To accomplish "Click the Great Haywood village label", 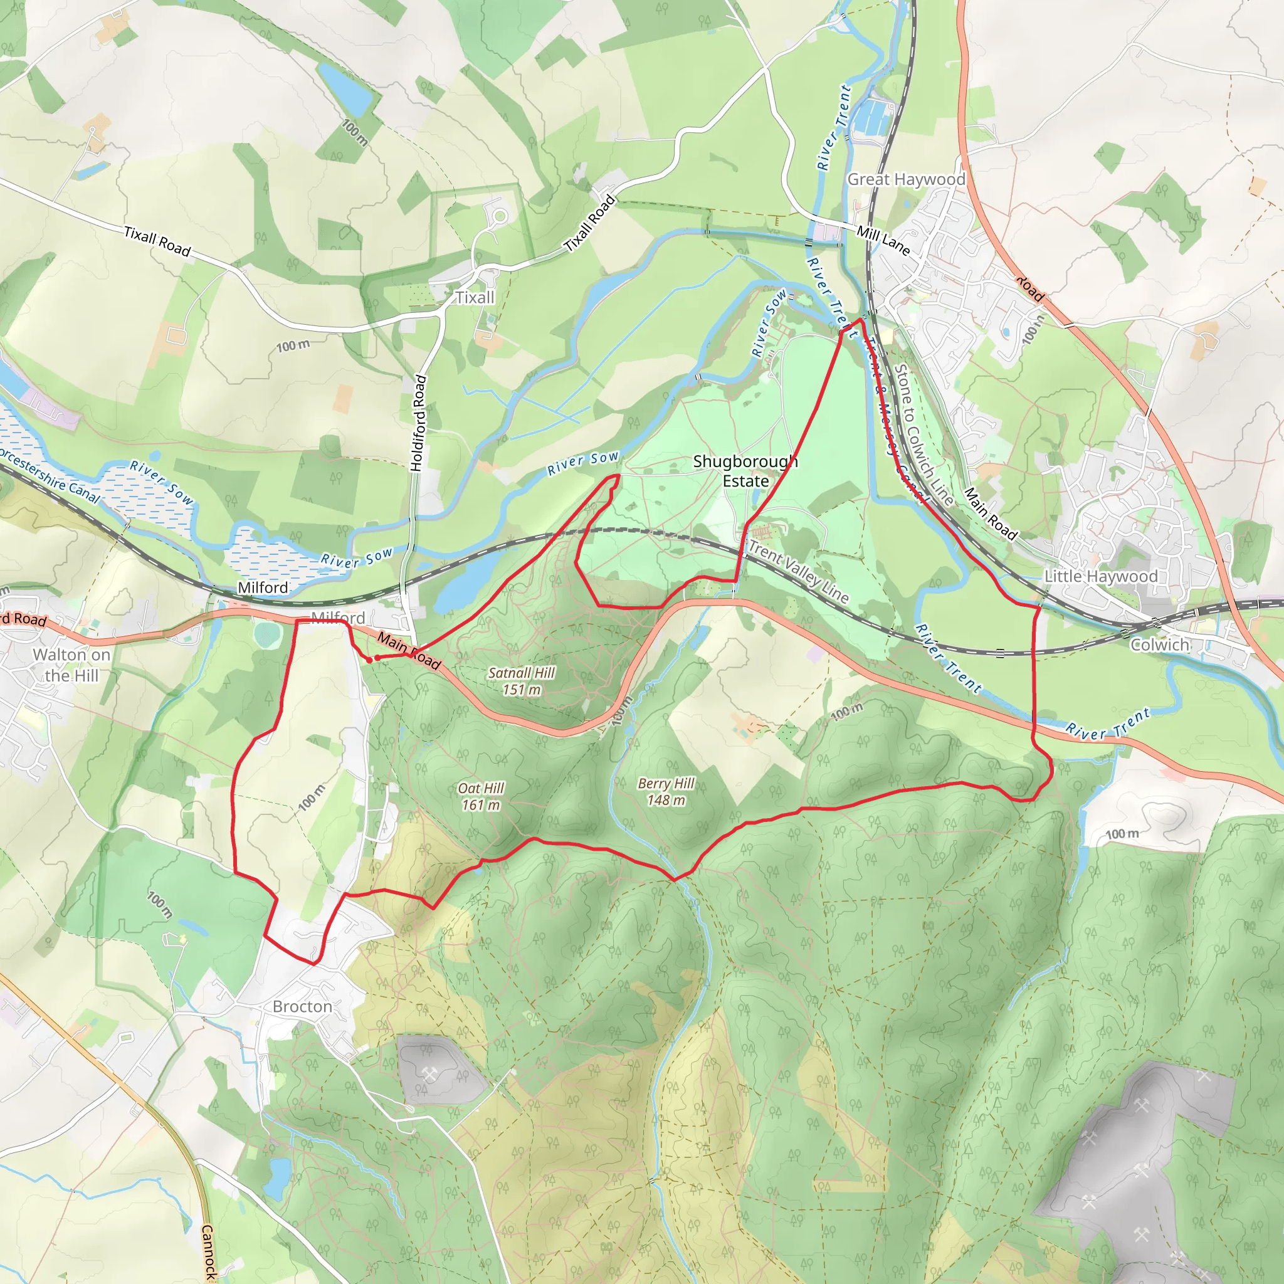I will (906, 179).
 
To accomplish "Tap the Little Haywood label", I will (1100, 576).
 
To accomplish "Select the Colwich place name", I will (1160, 644).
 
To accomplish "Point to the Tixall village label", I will (475, 297).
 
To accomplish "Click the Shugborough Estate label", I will (745, 471).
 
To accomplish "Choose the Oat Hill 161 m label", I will (481, 796).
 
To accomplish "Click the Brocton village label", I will (302, 1006).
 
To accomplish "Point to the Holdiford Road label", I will (419, 423).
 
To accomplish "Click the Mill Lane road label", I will (883, 240).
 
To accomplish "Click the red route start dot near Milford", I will (369, 660).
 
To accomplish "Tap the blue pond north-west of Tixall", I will (346, 90).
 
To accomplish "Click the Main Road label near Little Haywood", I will (990, 513).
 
